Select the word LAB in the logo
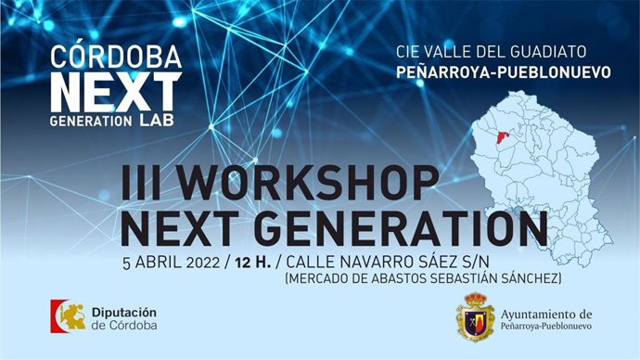160,121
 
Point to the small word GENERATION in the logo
93,122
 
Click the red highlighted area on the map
502,139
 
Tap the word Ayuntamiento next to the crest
544,314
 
